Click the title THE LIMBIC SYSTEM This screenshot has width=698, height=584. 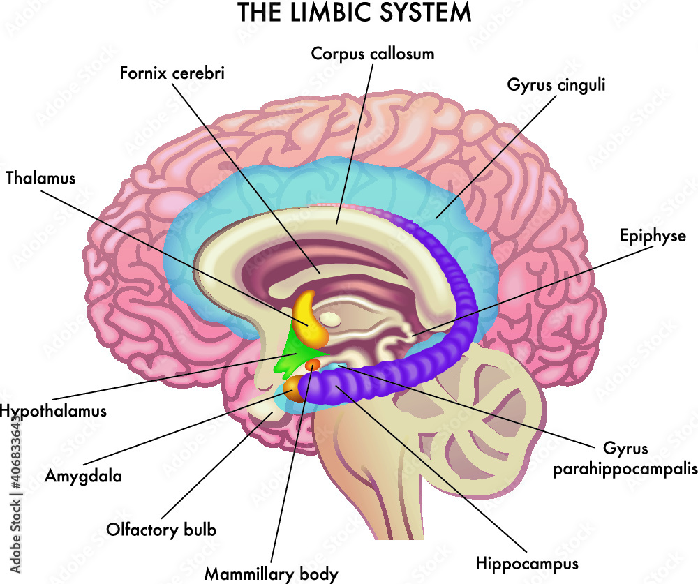pos(355,13)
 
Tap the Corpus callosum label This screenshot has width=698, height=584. pos(373,54)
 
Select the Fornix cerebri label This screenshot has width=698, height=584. pos(172,73)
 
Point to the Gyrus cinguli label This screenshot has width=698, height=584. pos(556,85)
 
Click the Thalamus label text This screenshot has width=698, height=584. pos(40,178)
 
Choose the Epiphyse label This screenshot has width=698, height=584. pos(653,236)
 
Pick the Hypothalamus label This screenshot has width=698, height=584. pos(54,411)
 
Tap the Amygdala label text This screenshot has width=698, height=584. pos(83,477)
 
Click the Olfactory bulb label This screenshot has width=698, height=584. pos(161,530)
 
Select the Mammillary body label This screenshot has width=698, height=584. pos(271,574)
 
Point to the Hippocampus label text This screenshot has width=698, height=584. pos(527,564)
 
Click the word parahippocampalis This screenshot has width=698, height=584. pos(625,470)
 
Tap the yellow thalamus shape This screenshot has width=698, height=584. pos(309,320)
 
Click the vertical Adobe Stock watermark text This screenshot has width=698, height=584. pos(15,494)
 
